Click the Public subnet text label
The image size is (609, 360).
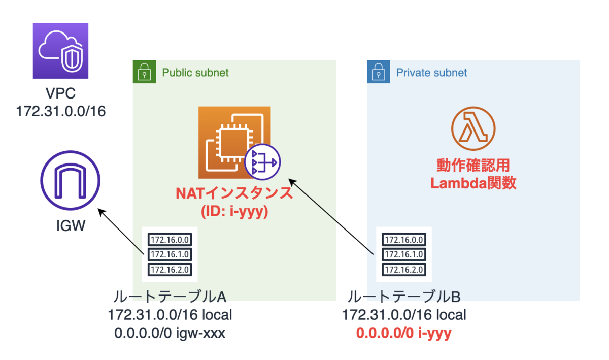click(195, 73)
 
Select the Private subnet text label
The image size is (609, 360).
click(431, 73)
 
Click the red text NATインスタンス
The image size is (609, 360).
click(234, 193)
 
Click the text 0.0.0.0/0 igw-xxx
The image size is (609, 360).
click(170, 334)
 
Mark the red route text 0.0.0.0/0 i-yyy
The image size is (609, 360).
click(404, 334)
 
